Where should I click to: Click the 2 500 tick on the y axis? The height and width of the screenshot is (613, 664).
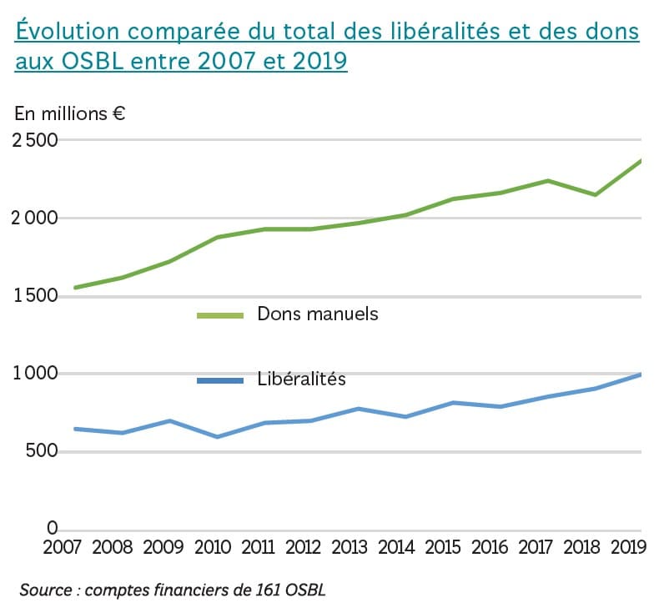34,140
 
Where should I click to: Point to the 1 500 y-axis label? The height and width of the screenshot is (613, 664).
34,297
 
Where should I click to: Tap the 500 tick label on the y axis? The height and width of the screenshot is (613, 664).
41,452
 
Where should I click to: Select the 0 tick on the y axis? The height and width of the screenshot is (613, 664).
52,529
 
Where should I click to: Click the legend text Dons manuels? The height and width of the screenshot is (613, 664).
318,314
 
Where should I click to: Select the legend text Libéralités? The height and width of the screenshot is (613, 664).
301,379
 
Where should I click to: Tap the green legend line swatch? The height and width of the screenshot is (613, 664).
219,315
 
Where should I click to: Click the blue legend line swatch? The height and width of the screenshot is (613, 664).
219,380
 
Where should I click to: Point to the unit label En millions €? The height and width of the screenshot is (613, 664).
70,114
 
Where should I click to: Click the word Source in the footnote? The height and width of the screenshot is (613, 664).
46,590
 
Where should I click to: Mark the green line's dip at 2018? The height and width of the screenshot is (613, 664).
595,194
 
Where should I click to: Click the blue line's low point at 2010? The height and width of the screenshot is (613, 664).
217,436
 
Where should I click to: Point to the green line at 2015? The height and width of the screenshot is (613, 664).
452,198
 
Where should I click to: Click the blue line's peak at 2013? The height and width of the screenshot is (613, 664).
359,409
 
